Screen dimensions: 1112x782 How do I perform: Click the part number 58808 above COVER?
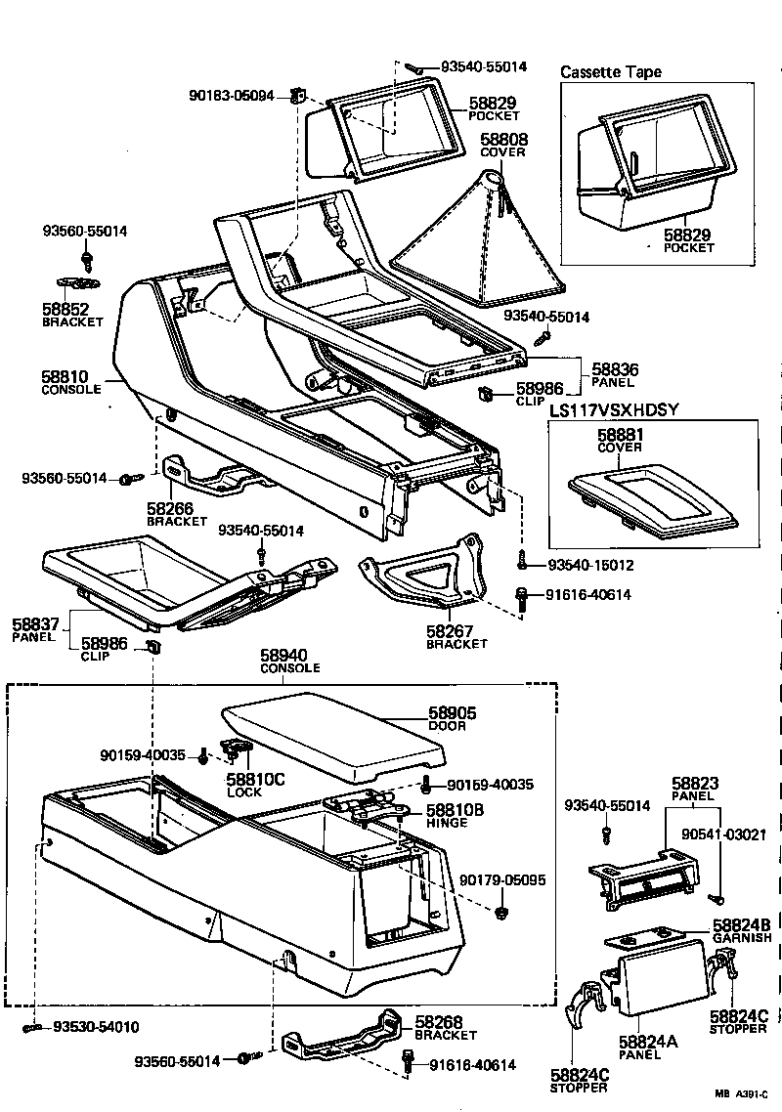(504, 140)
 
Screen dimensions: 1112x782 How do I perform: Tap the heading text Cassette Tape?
(610, 72)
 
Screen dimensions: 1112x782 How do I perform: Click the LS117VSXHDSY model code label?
(613, 410)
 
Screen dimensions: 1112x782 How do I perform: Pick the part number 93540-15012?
(589, 566)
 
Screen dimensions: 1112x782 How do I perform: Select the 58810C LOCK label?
(255, 780)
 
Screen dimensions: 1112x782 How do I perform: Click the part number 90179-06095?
(502, 880)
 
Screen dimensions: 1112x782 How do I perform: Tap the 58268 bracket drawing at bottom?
(342, 1040)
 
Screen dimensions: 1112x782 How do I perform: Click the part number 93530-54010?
(96, 1027)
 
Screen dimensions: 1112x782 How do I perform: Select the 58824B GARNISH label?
(742, 924)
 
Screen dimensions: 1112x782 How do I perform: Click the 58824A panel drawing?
(662, 982)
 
